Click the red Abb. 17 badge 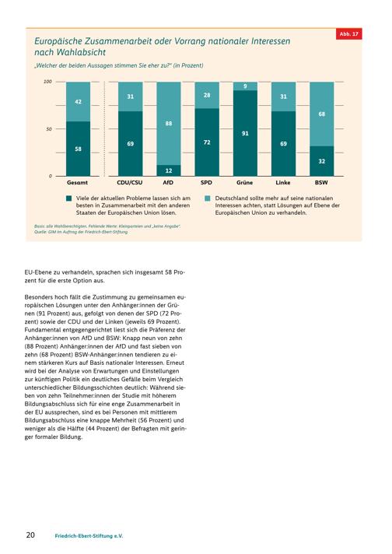pyautogui.click(x=349, y=34)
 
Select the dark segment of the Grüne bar pyautogui.click(x=245, y=133)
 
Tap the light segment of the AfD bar pyautogui.click(x=169, y=123)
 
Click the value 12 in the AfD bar pyautogui.click(x=169, y=170)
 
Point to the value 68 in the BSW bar pyautogui.click(x=322, y=114)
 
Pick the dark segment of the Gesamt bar pyautogui.click(x=78, y=149)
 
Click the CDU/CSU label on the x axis pyautogui.click(x=130, y=183)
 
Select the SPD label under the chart pyautogui.click(x=206, y=183)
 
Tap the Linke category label pyautogui.click(x=283, y=183)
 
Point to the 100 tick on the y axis pyautogui.click(x=47, y=82)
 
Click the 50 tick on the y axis pyautogui.click(x=49, y=129)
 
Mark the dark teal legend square pyautogui.click(x=69, y=198)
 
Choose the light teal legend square pyautogui.click(x=208, y=198)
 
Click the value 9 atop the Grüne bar pyautogui.click(x=245, y=86)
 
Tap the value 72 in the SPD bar pyautogui.click(x=207, y=142)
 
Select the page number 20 pyautogui.click(x=30, y=535)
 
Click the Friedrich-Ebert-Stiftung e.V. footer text pyautogui.click(x=89, y=536)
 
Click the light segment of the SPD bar pyautogui.click(x=207, y=95)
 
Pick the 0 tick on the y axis pyautogui.click(x=50, y=176)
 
